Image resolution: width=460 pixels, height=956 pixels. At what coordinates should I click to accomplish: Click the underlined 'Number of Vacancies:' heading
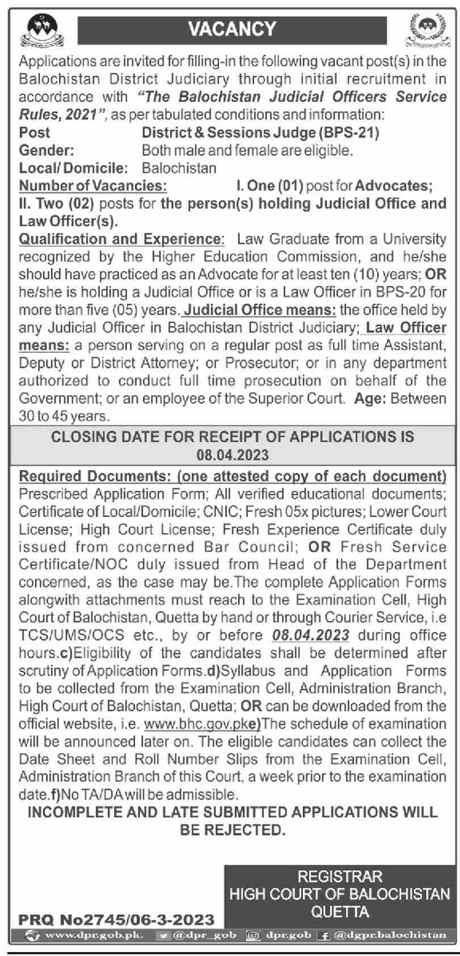pos(93,186)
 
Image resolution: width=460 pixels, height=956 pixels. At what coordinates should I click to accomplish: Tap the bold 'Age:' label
pos(370,399)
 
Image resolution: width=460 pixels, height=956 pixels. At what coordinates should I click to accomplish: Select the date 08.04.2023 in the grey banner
pos(233,455)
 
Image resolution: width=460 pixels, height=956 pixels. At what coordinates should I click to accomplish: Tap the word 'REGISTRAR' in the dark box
pos(340,877)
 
